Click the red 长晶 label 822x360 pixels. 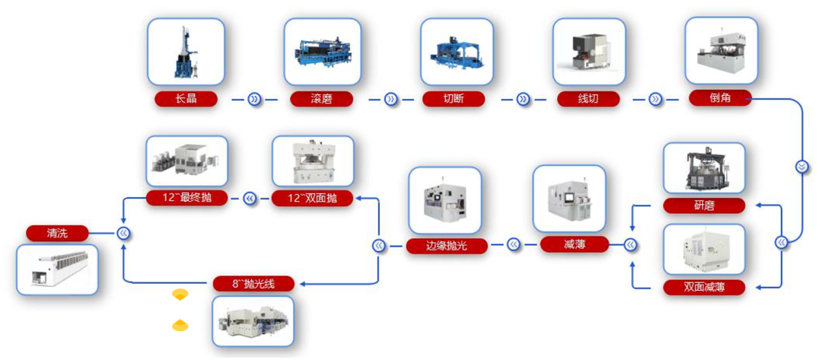coord(186,99)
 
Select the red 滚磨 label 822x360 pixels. coord(321,99)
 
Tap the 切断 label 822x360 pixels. coord(454,99)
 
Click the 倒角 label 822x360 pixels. coord(720,98)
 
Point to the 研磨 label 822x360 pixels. coord(703,205)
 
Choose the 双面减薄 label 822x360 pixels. coord(703,288)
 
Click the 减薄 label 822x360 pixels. coord(575,244)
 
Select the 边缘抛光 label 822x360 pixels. coord(446,245)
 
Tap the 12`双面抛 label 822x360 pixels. coord(312,199)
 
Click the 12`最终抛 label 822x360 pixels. coord(186,199)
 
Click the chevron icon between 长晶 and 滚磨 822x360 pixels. coord(254,99)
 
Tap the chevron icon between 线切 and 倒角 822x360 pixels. coord(655,99)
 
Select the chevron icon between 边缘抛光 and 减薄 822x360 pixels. coord(512,245)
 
